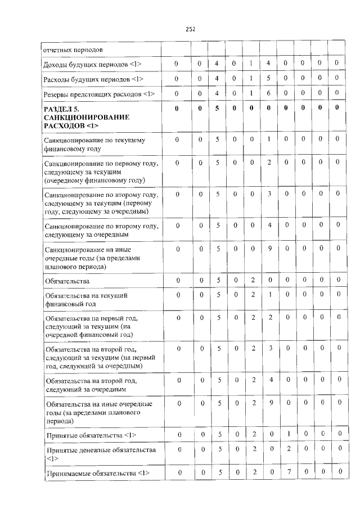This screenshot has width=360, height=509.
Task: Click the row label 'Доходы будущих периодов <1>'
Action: [92, 65]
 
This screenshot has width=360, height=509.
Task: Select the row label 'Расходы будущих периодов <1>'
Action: [93, 79]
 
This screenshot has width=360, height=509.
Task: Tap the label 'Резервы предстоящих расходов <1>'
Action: [98, 93]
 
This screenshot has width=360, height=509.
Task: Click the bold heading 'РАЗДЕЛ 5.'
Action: [65, 109]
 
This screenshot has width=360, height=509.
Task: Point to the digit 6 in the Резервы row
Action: [269, 93]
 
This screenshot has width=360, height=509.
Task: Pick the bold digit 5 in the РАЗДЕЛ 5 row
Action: [217, 108]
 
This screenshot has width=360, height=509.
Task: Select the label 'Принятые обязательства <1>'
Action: [89, 435]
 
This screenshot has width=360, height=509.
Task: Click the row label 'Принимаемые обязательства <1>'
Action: [96, 473]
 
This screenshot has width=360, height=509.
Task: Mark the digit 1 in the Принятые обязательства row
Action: [288, 435]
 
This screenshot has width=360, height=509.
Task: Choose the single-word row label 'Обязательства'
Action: [66, 280]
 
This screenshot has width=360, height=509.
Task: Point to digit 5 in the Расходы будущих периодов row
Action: [269, 79]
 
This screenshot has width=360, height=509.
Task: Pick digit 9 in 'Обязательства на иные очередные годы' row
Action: [269, 403]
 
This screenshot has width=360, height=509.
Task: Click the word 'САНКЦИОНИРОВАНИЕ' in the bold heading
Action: [86, 116]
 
